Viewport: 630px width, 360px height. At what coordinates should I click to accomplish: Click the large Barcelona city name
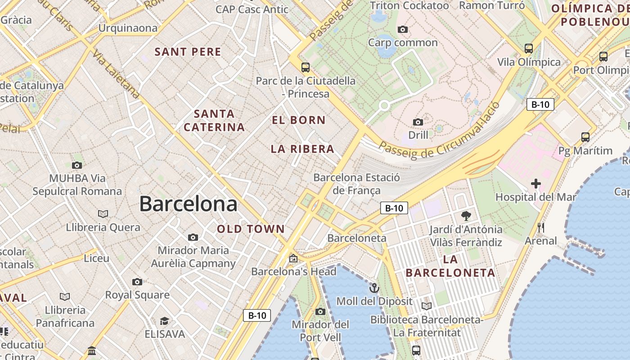pyautogui.click(x=188, y=204)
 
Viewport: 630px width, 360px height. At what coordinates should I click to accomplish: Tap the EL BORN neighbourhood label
pyautogui.click(x=299, y=120)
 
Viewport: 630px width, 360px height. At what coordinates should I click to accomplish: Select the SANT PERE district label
pyautogui.click(x=188, y=52)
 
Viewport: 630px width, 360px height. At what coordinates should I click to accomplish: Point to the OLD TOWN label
pyautogui.click(x=251, y=229)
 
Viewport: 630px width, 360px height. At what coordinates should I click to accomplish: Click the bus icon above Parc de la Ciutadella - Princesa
pyautogui.click(x=306, y=67)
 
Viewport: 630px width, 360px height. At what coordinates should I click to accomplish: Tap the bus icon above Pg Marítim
pyautogui.click(x=585, y=137)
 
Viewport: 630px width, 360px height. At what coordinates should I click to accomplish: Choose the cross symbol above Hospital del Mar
pyautogui.click(x=536, y=184)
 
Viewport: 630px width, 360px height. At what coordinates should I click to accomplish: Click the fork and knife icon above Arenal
pyautogui.click(x=541, y=228)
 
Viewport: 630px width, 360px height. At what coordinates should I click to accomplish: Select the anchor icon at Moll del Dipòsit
pyautogui.click(x=374, y=288)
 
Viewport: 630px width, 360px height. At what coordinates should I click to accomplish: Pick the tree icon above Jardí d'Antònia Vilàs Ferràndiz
pyautogui.click(x=466, y=216)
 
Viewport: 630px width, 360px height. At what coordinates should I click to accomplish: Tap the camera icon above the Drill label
pyautogui.click(x=418, y=122)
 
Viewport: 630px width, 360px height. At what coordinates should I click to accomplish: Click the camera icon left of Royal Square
pyautogui.click(x=137, y=282)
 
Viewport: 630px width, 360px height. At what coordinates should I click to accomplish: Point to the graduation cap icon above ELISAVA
pyautogui.click(x=165, y=321)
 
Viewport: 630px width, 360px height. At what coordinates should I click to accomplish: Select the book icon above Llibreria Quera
pyautogui.click(x=103, y=214)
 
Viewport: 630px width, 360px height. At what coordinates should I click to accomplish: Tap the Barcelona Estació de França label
pyautogui.click(x=356, y=184)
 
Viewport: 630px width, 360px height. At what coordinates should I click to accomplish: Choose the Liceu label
pyautogui.click(x=97, y=258)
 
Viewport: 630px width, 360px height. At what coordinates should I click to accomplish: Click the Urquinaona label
pyautogui.click(x=128, y=28)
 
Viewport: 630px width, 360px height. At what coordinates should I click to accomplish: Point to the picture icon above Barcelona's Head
pyautogui.click(x=293, y=258)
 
